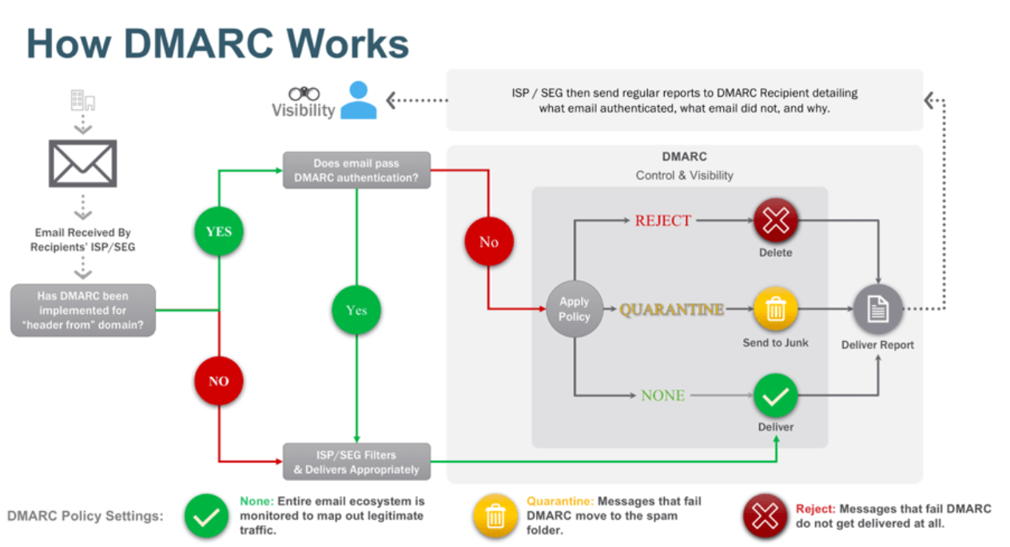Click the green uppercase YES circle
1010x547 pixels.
click(x=218, y=232)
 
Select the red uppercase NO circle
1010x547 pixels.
click(x=218, y=381)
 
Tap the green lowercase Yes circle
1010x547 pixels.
click(x=356, y=310)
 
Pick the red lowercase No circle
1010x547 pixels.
click(x=488, y=242)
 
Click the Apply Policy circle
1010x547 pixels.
click(x=574, y=309)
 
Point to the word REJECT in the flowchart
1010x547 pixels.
click(x=662, y=220)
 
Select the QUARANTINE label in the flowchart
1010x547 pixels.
click(x=671, y=309)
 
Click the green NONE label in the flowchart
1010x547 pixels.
click(x=662, y=395)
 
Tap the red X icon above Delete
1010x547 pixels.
click(x=775, y=220)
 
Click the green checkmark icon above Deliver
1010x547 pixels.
click(x=775, y=395)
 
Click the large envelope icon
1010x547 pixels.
click(x=83, y=163)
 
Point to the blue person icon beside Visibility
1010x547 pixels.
click(x=358, y=101)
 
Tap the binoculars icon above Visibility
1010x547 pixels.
click(x=304, y=93)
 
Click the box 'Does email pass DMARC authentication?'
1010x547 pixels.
click(x=356, y=170)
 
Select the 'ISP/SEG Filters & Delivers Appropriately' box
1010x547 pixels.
click(x=356, y=462)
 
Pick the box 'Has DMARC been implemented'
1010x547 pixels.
click(x=82, y=310)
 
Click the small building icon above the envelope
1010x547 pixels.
click(x=82, y=101)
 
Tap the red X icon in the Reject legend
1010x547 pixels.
click(x=765, y=517)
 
